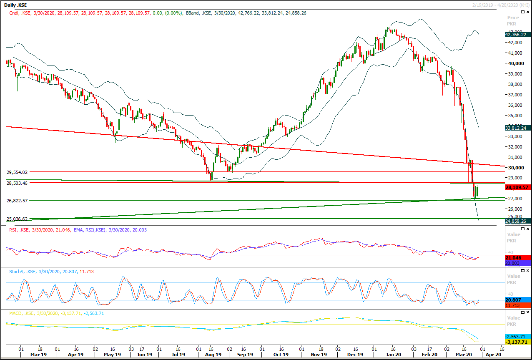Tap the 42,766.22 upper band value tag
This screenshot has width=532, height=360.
(517, 35)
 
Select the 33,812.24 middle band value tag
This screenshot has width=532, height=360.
(517, 128)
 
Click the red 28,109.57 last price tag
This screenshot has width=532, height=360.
(517, 188)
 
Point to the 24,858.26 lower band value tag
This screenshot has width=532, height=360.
(517, 221)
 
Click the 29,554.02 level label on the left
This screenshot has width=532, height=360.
(17, 172)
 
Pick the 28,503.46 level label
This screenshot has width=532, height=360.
(17, 183)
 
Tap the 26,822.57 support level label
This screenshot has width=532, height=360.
(17, 201)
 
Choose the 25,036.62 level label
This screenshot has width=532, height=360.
(17, 219)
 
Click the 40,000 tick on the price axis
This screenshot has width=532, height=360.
(515, 63)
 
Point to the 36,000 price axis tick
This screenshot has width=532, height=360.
(515, 105)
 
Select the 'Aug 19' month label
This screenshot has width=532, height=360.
(213, 355)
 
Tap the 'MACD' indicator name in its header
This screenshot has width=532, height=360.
(16, 313)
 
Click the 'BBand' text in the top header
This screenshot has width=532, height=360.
(192, 13)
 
